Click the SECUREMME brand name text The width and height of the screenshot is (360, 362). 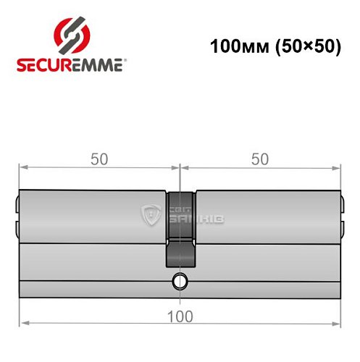[70, 64]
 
